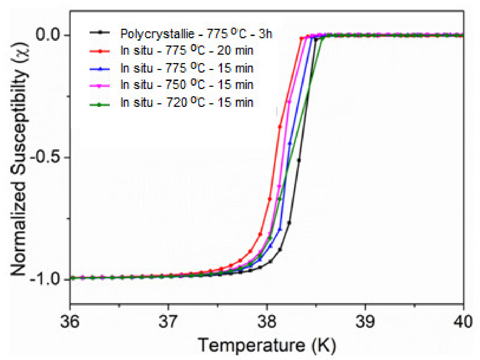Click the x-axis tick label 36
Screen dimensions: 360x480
point(70,322)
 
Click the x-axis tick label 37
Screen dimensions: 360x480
point(168,322)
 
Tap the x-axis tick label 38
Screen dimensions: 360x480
point(267,322)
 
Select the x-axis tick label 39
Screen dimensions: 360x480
point(365,322)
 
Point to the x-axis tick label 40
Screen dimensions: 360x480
point(463,322)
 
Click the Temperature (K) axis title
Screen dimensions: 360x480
point(267,345)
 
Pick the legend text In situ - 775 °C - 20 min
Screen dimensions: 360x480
point(187,51)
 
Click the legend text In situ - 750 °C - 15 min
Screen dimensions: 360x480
point(187,85)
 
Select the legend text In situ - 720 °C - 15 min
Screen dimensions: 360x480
point(187,102)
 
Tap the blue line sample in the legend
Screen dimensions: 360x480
point(100,68)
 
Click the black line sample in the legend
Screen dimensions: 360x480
point(100,33)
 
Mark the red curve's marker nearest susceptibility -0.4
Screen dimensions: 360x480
point(280,127)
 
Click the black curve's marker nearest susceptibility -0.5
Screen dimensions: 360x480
point(299,160)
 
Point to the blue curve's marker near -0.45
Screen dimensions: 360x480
point(290,143)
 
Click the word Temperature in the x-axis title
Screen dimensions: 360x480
point(251,345)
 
